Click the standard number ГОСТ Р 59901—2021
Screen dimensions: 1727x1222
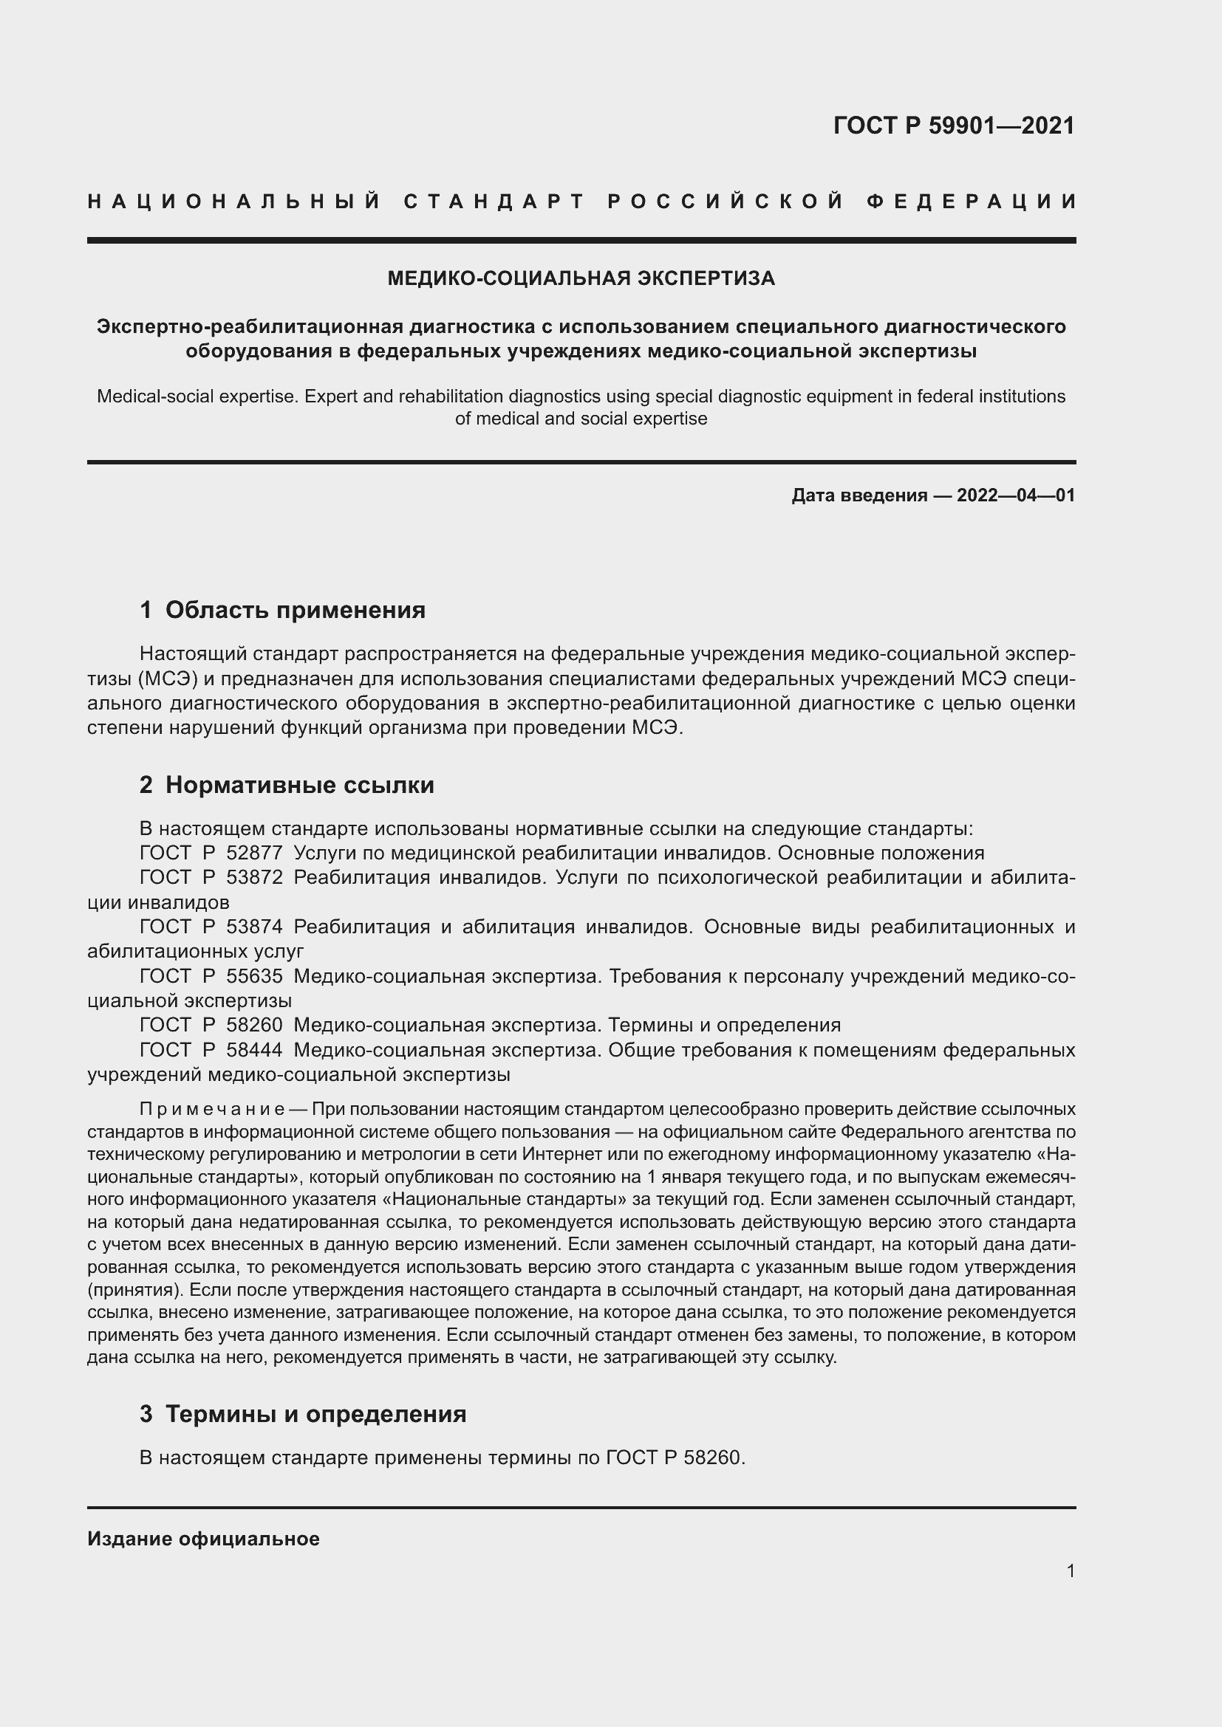point(953,126)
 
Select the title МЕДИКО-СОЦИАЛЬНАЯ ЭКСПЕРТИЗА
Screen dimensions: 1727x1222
point(581,279)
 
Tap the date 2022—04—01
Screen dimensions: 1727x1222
point(1016,495)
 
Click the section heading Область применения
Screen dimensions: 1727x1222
point(295,610)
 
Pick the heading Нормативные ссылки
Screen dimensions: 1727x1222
point(299,786)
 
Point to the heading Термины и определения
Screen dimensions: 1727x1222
point(315,1414)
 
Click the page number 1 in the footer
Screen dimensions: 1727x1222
point(1070,1570)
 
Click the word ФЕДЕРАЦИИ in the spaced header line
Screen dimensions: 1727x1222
point(971,202)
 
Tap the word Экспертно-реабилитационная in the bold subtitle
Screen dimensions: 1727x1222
point(250,326)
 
